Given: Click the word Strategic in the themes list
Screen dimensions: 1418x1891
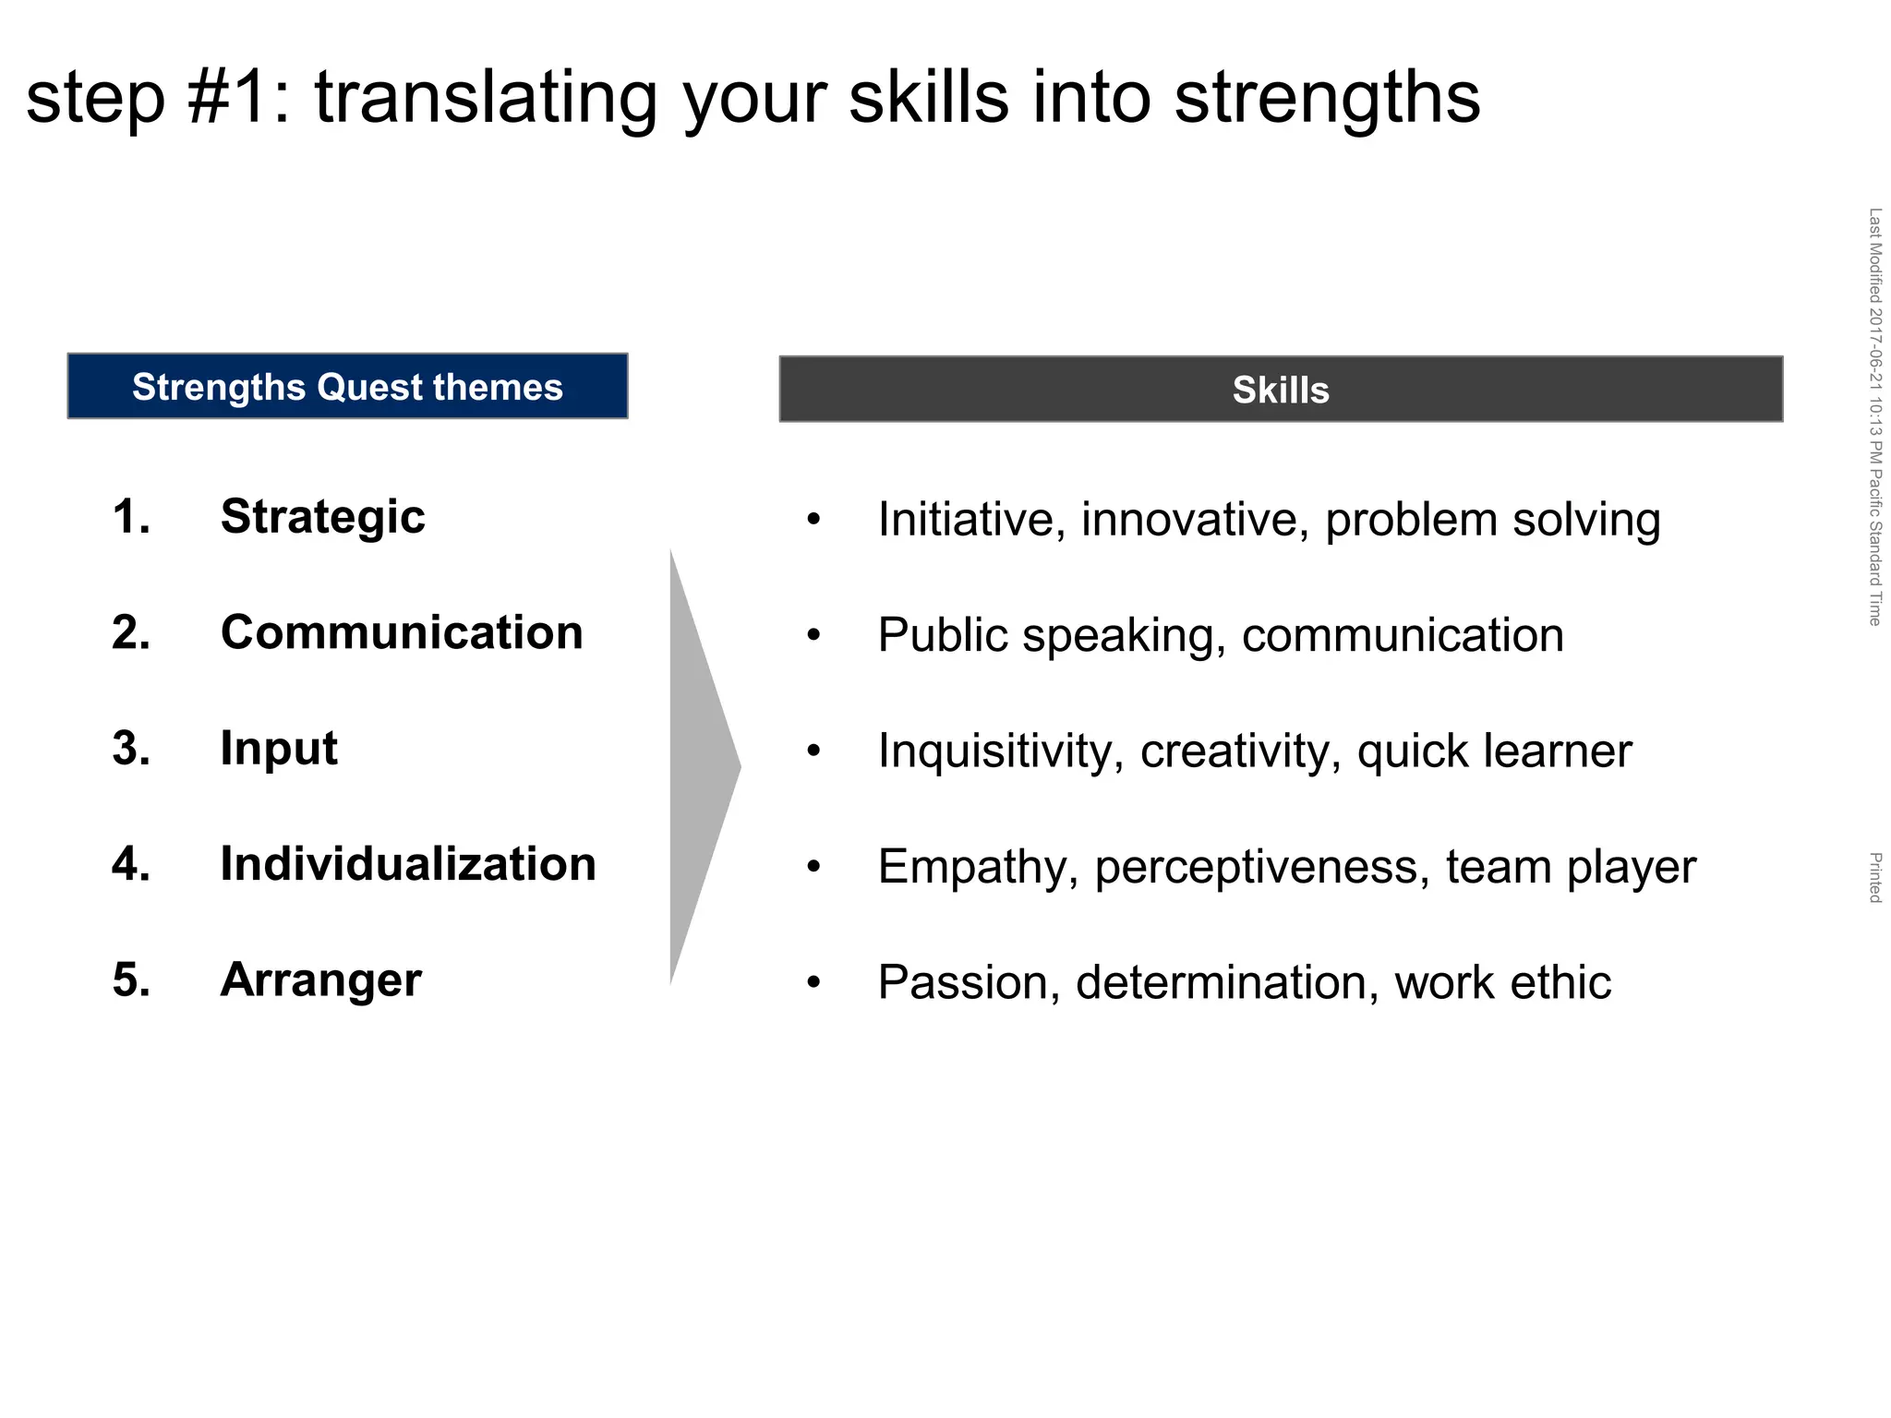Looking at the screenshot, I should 322,517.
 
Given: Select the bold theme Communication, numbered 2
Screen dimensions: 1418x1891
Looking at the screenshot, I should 402,633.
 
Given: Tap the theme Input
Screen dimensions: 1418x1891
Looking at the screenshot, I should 278,749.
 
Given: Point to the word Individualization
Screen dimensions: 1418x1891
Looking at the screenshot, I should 407,865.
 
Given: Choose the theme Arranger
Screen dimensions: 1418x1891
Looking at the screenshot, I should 320,980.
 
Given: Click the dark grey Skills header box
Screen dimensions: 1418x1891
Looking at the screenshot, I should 1280,390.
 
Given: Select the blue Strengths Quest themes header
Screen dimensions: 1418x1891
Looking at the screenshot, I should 347,387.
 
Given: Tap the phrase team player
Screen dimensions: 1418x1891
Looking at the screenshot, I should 1571,868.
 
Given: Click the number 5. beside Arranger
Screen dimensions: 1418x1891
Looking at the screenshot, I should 131,980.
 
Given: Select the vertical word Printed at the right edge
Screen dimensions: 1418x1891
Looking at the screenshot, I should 1874,878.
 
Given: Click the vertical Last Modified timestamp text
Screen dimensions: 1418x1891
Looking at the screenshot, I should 1874,416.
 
